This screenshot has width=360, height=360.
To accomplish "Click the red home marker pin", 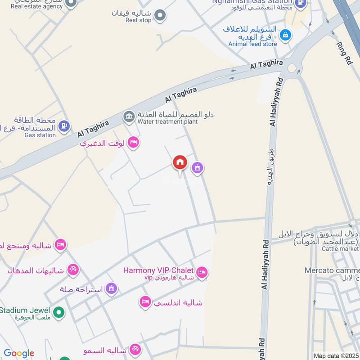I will [180, 162].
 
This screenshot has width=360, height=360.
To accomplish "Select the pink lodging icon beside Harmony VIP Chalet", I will [202, 272].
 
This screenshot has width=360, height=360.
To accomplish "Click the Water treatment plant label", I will [168, 121].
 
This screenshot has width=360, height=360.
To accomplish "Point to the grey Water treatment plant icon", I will [129, 117].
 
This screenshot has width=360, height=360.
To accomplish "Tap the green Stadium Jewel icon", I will [58, 311].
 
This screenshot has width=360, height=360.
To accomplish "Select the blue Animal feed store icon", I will [284, 34].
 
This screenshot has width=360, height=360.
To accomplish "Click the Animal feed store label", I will [252, 44].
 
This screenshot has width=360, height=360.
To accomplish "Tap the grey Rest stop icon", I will [159, 16].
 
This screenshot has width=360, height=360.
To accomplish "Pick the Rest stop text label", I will [138, 20].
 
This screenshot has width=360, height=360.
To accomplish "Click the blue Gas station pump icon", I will [65, 126].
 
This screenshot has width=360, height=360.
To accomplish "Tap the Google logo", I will [19, 353].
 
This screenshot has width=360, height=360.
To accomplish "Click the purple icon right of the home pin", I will [197, 168].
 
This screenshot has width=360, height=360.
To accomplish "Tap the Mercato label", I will [332, 270].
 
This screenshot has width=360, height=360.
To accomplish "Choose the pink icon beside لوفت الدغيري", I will [133, 143].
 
